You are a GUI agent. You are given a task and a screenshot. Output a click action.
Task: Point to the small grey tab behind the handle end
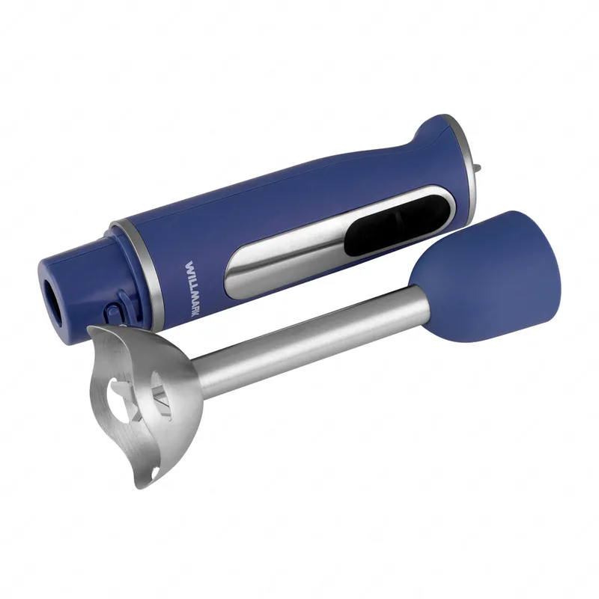(x=477, y=167)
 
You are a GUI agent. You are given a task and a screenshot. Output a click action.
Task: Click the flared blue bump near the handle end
(x=432, y=135)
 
